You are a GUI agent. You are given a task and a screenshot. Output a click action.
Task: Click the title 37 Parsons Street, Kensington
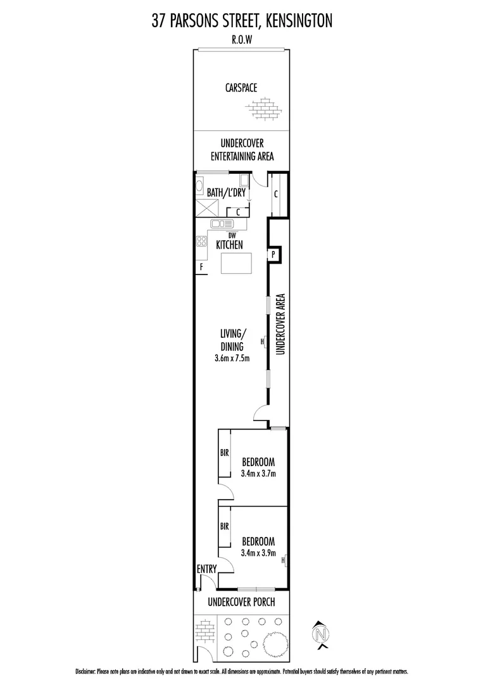tap(241, 22)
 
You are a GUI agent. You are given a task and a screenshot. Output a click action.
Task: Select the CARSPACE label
tap(241, 88)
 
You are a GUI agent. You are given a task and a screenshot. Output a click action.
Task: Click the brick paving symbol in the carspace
tap(265, 109)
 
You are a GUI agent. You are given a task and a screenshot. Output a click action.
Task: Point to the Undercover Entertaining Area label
tap(241, 150)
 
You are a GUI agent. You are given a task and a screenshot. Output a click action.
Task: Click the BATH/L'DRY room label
tap(226, 192)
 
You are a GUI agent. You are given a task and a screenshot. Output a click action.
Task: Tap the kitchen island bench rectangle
tap(235, 263)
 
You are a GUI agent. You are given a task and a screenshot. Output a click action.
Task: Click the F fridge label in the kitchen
tap(201, 267)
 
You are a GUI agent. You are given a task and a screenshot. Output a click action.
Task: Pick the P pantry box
tap(274, 254)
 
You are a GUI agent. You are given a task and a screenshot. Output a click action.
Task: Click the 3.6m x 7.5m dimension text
tap(232, 359)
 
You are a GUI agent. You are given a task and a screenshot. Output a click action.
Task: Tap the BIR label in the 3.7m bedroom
tap(224, 453)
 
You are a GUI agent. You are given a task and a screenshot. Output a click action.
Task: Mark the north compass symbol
tap(322, 633)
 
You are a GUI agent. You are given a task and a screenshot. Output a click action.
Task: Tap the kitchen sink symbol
tap(222, 223)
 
